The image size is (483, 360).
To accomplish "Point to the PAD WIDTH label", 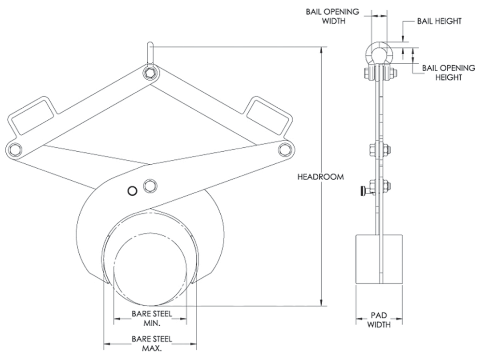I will point(379,320).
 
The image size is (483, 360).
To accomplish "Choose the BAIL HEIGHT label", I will point(438,21).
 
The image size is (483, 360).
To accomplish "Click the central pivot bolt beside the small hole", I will point(150,186).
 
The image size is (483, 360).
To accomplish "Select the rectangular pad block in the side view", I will point(379,259).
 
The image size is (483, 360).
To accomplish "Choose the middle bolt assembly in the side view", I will point(379,149).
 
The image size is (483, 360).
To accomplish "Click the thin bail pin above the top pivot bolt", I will point(151,54).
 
